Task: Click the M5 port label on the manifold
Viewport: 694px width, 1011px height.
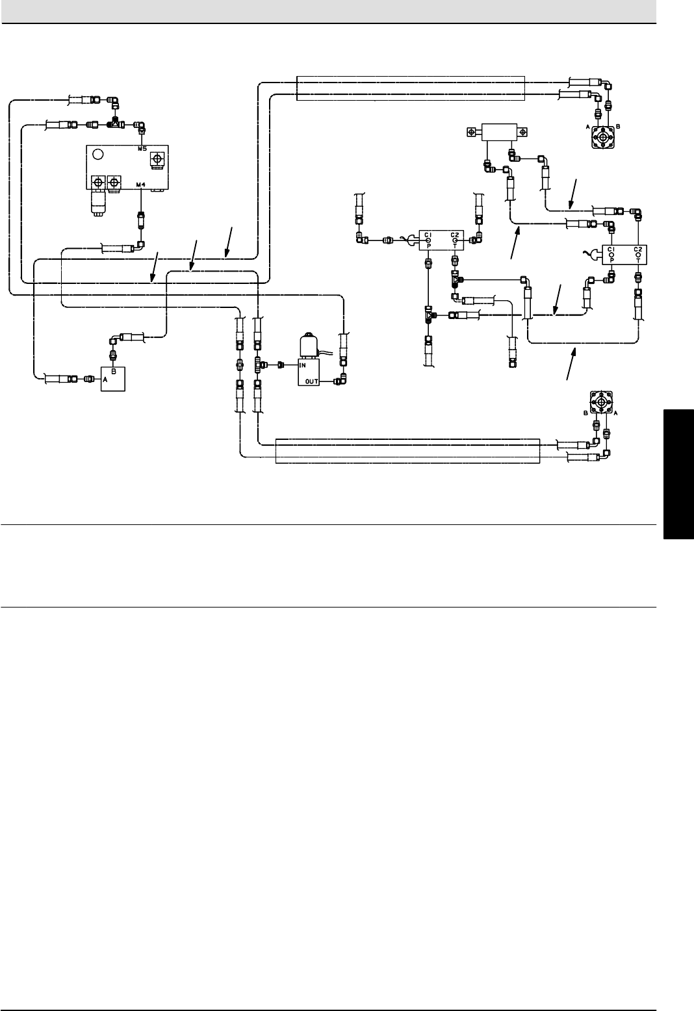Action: pyautogui.click(x=142, y=149)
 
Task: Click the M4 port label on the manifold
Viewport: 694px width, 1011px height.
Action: pyautogui.click(x=141, y=186)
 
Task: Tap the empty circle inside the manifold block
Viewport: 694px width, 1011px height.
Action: pyautogui.click(x=97, y=155)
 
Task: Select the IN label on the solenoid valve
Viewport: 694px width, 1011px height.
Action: pyautogui.click(x=303, y=365)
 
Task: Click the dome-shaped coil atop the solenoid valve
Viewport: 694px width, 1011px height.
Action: pyautogui.click(x=306, y=344)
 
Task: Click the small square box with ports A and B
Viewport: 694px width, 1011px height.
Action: pyautogui.click(x=113, y=379)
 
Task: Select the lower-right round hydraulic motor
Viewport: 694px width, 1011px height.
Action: pyautogui.click(x=602, y=403)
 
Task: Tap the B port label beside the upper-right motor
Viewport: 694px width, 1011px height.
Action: pyautogui.click(x=618, y=127)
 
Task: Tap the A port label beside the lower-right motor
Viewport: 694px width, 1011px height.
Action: pyautogui.click(x=615, y=413)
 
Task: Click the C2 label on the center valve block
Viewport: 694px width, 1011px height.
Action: pyautogui.click(x=455, y=235)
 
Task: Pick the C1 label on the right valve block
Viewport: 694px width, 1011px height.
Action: pyautogui.click(x=611, y=249)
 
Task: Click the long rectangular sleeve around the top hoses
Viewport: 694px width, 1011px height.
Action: pyautogui.click(x=409, y=88)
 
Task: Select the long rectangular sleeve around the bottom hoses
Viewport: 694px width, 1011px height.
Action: pyautogui.click(x=407, y=450)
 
